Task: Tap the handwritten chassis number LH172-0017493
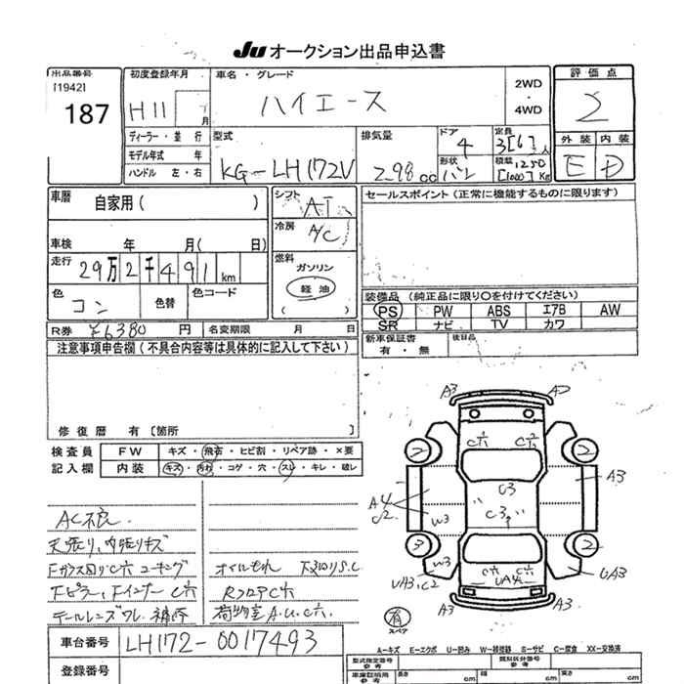[234, 641]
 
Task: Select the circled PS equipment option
[388, 310]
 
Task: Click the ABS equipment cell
[498, 310]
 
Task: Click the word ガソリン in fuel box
[314, 267]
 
